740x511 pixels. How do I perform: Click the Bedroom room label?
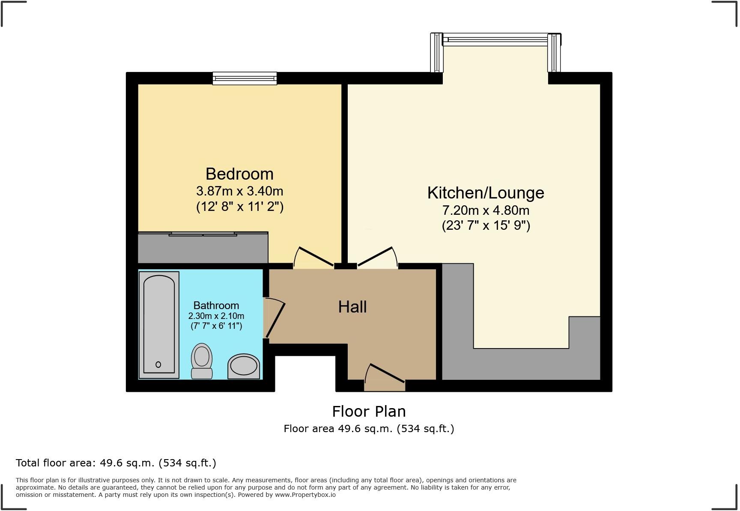(239, 174)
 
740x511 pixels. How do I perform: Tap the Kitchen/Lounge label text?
(486, 193)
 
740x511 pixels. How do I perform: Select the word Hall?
(352, 307)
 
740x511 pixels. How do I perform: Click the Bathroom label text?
(216, 306)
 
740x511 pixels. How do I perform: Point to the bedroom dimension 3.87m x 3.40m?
(239, 191)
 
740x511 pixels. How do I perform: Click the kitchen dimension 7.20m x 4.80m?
(486, 210)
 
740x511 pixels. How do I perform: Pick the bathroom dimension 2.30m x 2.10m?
(216, 316)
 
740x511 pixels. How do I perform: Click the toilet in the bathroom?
(202, 361)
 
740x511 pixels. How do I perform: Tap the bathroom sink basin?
(244, 367)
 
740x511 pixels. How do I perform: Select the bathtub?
(159, 325)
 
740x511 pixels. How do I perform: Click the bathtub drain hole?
(158, 364)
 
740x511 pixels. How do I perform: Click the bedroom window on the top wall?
(245, 78)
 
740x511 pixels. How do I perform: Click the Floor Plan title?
(369, 412)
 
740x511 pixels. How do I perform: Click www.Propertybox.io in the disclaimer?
(305, 495)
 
